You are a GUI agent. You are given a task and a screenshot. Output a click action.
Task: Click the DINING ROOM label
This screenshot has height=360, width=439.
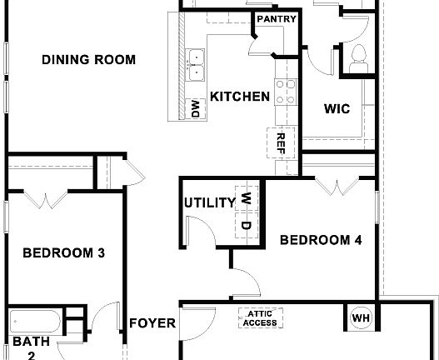click(x=88, y=60)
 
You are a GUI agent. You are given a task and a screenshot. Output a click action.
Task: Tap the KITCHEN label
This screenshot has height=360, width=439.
click(x=239, y=97)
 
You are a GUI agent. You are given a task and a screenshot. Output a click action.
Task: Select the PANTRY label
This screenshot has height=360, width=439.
click(x=272, y=19)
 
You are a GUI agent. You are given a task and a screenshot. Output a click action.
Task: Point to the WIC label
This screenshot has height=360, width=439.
click(x=336, y=108)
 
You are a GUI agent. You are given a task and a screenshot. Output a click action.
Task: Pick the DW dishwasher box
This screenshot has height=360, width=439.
click(x=195, y=108)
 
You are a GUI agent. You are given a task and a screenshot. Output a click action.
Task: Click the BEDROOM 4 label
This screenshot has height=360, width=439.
click(x=320, y=241)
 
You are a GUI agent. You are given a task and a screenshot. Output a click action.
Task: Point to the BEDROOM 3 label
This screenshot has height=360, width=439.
click(x=63, y=253)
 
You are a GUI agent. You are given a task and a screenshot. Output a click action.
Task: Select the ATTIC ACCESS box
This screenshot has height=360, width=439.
click(x=260, y=318)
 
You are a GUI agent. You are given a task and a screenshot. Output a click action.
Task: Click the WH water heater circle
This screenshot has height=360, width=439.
click(x=361, y=317)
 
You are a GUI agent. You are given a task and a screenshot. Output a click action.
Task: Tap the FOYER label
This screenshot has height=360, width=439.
click(x=152, y=323)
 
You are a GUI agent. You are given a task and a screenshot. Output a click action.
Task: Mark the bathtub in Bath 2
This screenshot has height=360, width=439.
click(x=34, y=321)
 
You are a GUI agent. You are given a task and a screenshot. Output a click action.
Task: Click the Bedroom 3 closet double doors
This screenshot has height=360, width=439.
click(x=46, y=199)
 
